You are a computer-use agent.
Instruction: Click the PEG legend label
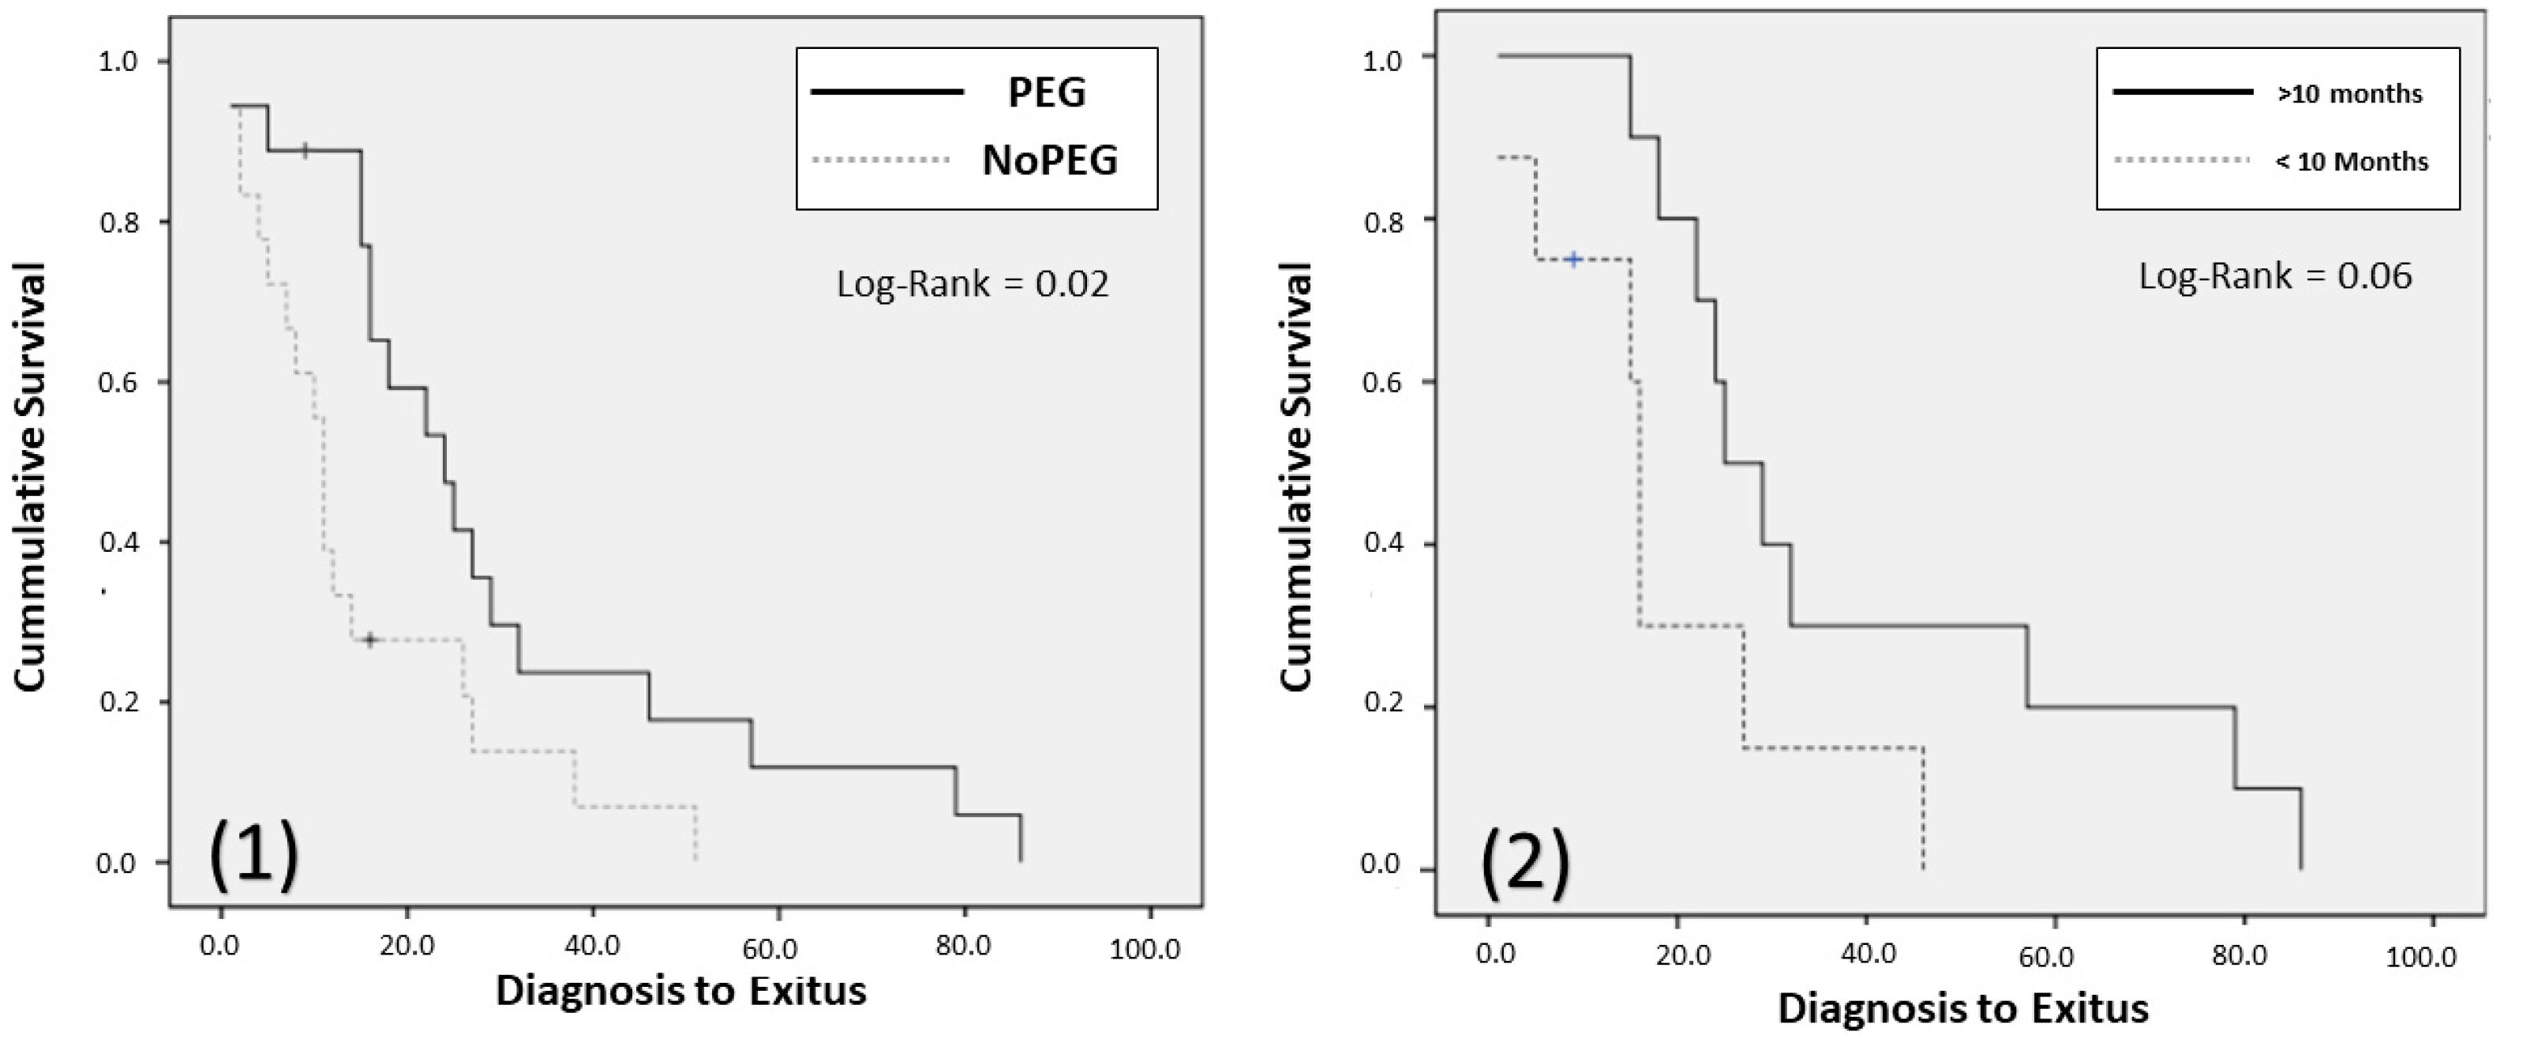tap(1046, 93)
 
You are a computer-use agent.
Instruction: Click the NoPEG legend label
tap(1049, 161)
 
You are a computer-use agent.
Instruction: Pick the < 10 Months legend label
tap(2352, 162)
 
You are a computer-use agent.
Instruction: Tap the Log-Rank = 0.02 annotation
tap(973, 284)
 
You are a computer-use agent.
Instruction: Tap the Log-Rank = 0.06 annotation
tap(2275, 276)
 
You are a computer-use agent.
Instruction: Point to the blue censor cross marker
tap(1574, 260)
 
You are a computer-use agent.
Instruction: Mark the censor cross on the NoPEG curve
tap(369, 640)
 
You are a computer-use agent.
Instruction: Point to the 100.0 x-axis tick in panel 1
tap(1144, 948)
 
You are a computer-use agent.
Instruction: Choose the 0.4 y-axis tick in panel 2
tap(1383, 544)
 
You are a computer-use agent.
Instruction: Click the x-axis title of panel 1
tap(680, 991)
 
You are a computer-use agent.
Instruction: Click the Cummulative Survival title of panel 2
tap(1295, 477)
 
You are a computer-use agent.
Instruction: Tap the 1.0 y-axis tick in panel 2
tap(1383, 62)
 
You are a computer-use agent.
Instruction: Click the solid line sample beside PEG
tap(886, 92)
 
